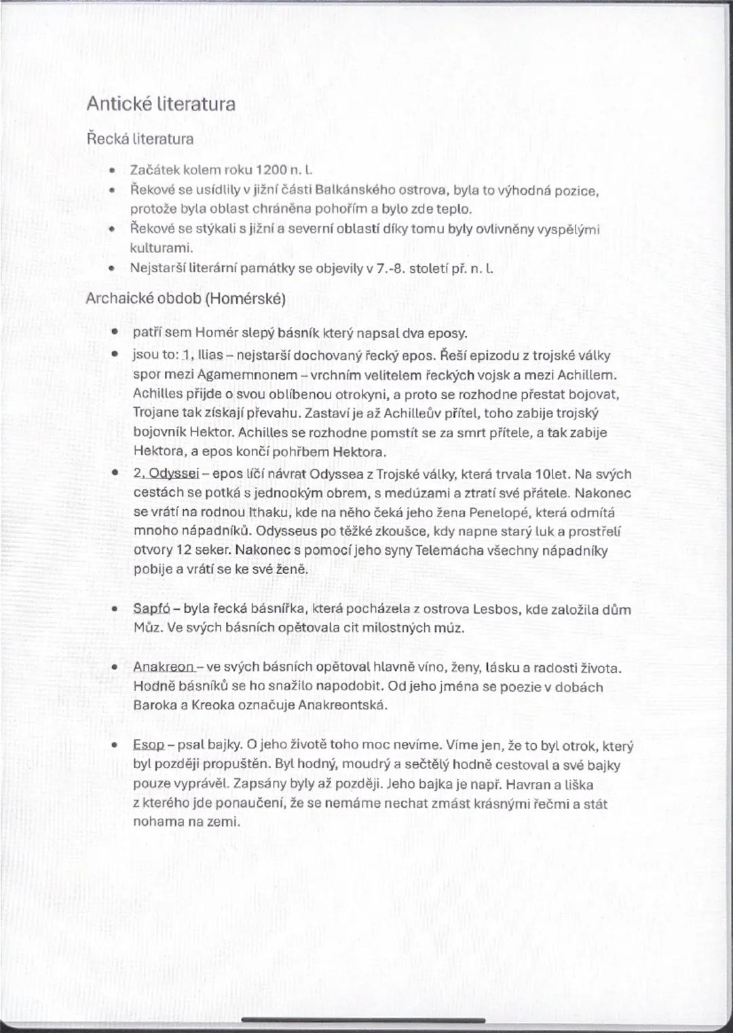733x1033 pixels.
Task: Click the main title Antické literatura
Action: coord(161,104)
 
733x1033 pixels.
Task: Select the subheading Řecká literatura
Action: coord(140,139)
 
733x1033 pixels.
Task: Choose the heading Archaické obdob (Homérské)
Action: coord(185,299)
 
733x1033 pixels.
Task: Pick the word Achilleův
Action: coord(413,413)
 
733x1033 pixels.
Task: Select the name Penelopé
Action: coord(498,512)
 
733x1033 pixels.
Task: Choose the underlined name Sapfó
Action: coord(151,609)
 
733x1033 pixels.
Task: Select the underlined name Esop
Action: coord(149,745)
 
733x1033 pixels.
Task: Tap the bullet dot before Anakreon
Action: coord(116,668)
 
